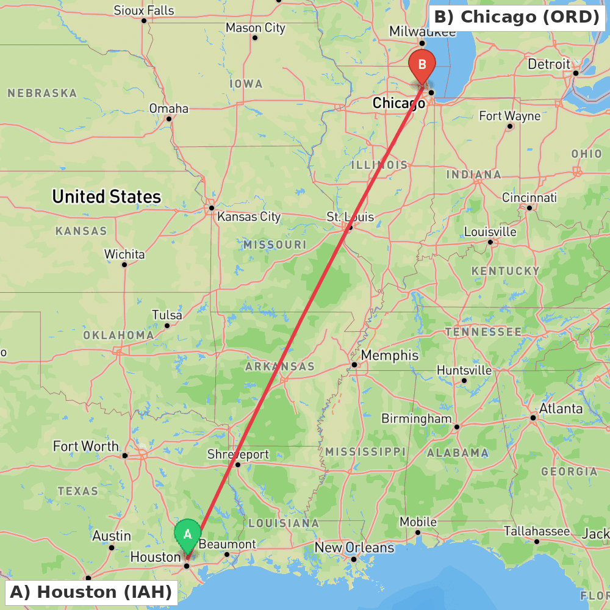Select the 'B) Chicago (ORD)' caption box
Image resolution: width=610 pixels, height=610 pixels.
[517, 17]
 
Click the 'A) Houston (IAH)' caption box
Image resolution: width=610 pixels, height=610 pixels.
[91, 592]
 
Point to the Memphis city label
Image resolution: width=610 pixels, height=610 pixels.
[390, 356]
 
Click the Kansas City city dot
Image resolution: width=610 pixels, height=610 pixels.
[212, 208]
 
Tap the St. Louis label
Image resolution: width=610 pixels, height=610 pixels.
[350, 217]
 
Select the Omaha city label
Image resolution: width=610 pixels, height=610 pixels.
[169, 109]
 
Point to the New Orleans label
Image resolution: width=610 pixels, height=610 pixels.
[354, 547]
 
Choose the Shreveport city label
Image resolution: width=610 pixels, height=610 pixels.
[238, 454]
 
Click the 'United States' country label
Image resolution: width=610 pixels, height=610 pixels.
[107, 196]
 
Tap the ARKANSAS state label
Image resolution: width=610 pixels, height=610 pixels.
[280, 367]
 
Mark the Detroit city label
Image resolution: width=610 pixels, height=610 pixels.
[549, 64]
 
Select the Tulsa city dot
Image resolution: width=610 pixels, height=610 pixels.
[167, 325]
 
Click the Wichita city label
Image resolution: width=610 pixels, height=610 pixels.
[124, 254]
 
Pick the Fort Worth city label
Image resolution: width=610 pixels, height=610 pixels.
[85, 446]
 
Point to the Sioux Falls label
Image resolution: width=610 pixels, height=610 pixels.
[144, 10]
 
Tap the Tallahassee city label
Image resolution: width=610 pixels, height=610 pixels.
[537, 531]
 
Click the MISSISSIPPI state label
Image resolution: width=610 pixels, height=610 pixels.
[365, 451]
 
